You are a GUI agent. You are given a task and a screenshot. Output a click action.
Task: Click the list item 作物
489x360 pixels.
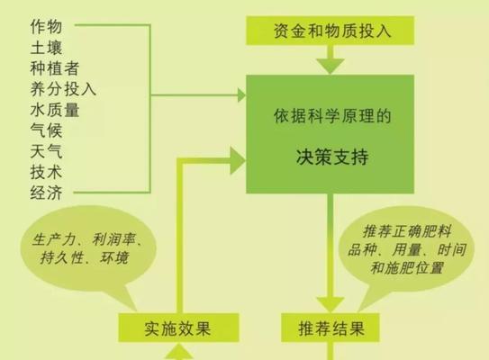(x=46, y=26)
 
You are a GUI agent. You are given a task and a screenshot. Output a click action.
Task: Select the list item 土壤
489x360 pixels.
(x=46, y=48)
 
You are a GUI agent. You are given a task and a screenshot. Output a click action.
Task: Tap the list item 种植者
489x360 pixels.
(x=55, y=68)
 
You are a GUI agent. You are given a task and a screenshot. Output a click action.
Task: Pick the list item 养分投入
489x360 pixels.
(x=63, y=89)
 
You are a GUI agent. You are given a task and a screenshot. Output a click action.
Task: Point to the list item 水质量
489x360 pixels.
(x=55, y=110)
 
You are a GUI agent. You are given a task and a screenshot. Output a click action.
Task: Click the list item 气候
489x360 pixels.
(x=46, y=130)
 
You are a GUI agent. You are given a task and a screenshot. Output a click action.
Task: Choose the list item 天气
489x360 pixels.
(x=46, y=151)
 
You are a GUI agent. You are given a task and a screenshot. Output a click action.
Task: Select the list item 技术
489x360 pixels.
(x=46, y=172)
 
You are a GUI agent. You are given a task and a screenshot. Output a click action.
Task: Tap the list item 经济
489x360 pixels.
(x=46, y=193)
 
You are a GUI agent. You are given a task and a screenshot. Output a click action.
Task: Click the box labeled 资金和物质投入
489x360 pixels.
(x=330, y=31)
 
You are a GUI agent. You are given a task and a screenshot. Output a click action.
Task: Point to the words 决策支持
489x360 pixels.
(x=332, y=157)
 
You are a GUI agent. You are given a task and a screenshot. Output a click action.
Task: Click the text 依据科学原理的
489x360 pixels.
(x=332, y=116)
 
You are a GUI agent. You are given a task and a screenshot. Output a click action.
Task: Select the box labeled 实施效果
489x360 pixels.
(x=178, y=328)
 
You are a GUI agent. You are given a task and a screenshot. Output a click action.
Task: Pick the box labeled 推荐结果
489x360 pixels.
(x=331, y=328)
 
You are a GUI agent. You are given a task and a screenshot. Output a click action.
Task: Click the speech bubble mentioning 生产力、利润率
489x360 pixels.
(x=88, y=249)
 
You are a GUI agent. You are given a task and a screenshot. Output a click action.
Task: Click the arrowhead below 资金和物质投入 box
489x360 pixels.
(x=331, y=66)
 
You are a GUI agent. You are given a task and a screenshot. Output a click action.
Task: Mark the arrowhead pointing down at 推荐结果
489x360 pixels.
(x=331, y=304)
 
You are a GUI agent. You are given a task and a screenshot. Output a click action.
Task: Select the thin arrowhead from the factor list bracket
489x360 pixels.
(x=241, y=95)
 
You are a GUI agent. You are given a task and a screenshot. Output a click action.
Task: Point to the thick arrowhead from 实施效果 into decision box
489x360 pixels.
(x=238, y=160)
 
